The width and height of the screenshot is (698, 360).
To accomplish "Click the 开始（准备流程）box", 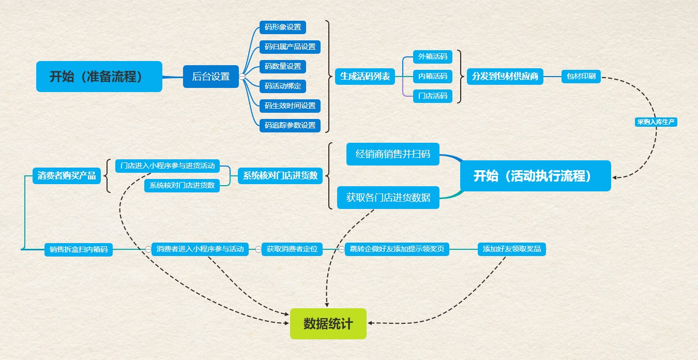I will (99, 77).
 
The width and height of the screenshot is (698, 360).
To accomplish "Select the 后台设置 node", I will (210, 77).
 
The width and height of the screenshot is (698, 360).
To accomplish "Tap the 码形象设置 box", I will (282, 27).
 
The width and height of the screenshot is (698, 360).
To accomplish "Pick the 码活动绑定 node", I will (282, 86).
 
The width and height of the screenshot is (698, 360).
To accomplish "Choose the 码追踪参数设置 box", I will (290, 125).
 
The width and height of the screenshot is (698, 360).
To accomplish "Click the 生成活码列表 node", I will (365, 77).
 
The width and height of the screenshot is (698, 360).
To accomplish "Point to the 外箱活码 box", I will (432, 56).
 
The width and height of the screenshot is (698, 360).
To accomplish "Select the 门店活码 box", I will (432, 96).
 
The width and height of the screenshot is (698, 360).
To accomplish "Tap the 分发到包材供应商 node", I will (505, 77).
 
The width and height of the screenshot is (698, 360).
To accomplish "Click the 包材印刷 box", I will (581, 77).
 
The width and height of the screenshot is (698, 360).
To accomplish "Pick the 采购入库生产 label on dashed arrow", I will (656, 123).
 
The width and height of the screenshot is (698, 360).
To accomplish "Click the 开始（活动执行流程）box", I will (535, 176).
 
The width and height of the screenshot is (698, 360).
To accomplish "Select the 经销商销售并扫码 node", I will (392, 154).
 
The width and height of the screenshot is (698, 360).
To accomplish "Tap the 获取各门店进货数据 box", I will (388, 198).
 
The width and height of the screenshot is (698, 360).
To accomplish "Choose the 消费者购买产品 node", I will (66, 176).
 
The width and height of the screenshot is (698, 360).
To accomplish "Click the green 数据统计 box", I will (328, 324).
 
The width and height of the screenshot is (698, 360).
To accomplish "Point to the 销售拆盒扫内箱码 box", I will (78, 249).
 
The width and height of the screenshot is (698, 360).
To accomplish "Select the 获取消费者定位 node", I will (292, 249).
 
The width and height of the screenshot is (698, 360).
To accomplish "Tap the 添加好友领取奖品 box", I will (511, 249).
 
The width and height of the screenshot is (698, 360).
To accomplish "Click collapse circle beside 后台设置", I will (241, 77).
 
